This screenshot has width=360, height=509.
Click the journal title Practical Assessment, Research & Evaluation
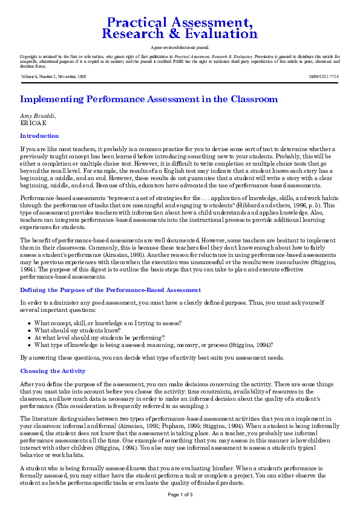[x=180, y=28]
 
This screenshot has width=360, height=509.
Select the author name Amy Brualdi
[x=38, y=115]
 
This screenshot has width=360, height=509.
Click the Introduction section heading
[x=39, y=136]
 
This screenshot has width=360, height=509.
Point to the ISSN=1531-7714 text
[x=324, y=77]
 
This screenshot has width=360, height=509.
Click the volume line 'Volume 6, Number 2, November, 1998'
[x=53, y=77]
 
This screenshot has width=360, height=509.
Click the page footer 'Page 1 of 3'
[x=180, y=494]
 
